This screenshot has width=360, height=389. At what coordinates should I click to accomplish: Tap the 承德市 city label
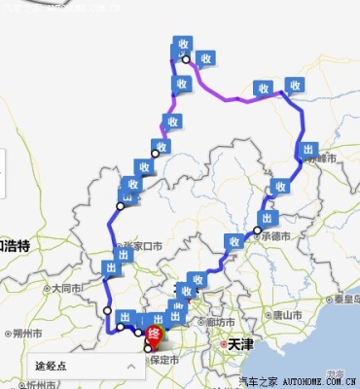(x=277, y=233)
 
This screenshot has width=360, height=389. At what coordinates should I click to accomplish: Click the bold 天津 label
(x=239, y=342)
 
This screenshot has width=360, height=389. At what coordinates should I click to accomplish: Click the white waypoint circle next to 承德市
(x=258, y=231)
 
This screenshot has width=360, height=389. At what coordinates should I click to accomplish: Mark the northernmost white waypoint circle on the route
(x=185, y=60)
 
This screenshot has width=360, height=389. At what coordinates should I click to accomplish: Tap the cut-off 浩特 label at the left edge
(x=14, y=246)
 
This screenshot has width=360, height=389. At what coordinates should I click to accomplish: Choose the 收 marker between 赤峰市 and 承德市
(x=281, y=186)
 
